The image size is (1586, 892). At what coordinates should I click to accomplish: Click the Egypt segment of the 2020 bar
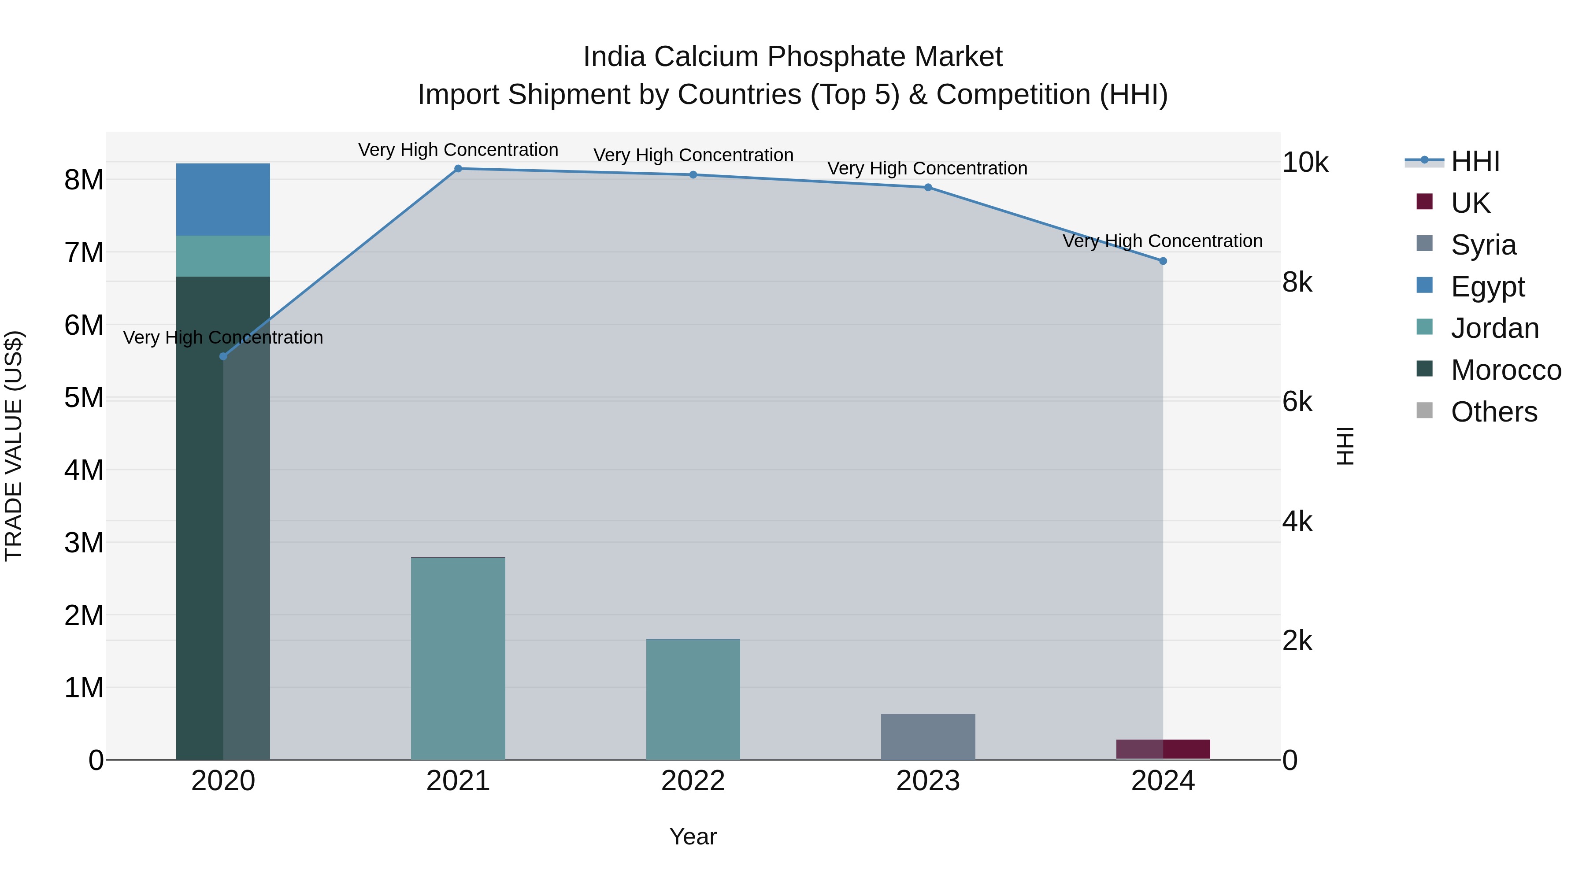223,200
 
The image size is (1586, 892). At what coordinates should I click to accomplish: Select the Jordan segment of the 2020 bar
223,256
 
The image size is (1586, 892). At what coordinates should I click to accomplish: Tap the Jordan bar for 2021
458,658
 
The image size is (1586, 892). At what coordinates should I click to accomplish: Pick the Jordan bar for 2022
693,700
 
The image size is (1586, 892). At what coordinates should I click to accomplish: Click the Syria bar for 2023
928,737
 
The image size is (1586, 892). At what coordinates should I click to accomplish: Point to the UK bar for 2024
1163,749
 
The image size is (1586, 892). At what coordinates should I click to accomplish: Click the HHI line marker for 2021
458,169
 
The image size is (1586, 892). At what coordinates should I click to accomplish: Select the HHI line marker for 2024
1163,261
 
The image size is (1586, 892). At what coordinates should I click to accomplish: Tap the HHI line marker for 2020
223,356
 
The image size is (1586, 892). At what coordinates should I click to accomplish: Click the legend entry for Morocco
1505,370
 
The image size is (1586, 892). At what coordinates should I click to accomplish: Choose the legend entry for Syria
1483,245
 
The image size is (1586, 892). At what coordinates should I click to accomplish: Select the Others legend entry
1493,412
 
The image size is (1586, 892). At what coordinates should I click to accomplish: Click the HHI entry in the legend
1475,161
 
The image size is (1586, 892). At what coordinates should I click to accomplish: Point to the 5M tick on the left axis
84,398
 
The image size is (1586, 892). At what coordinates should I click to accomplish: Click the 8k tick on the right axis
1297,282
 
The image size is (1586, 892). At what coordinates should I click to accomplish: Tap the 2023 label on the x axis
928,781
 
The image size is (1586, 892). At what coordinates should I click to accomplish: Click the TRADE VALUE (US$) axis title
14,446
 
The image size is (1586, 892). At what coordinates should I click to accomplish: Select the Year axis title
693,836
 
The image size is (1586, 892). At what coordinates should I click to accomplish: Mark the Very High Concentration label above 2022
693,155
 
